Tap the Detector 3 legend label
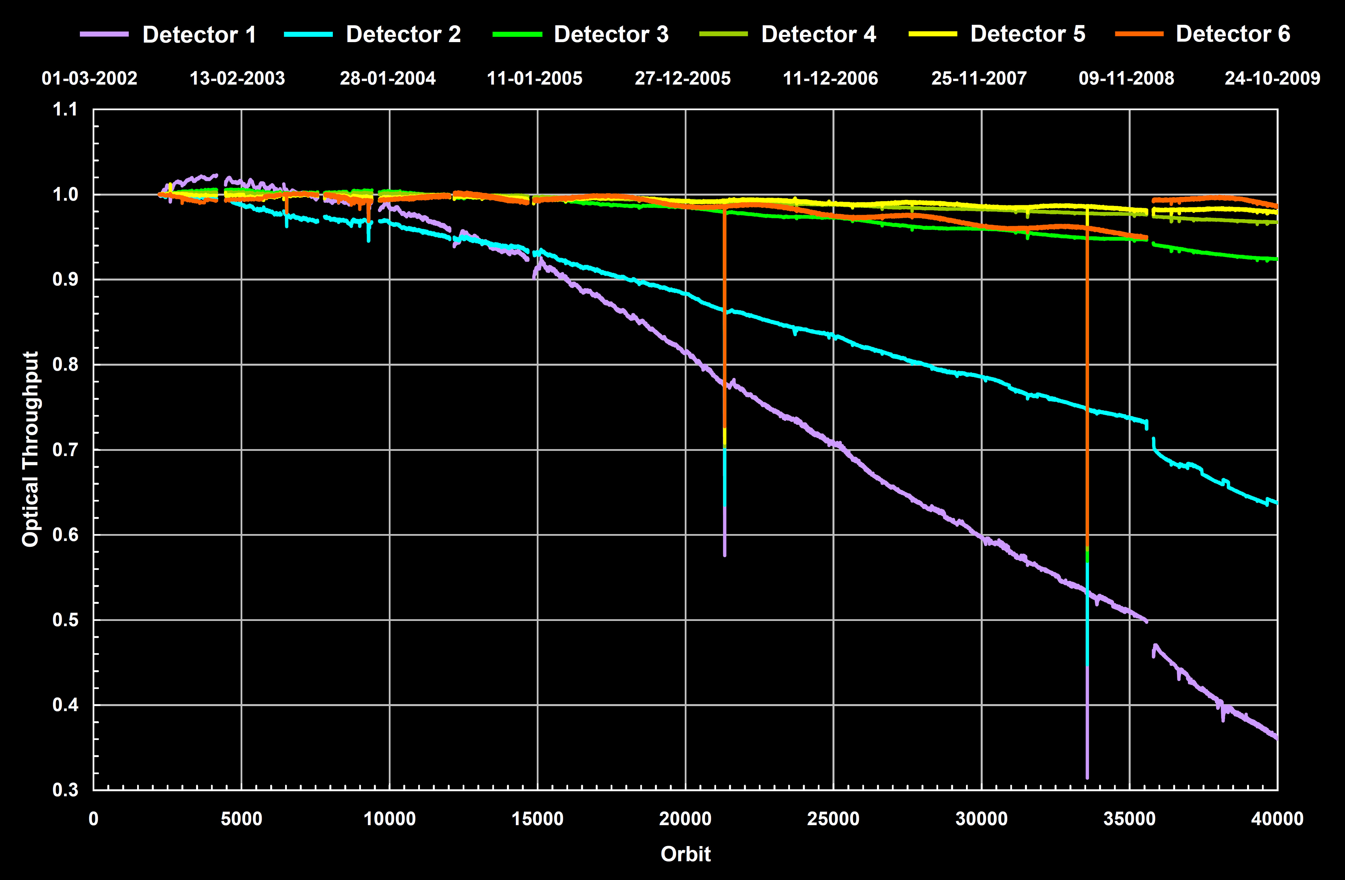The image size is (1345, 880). (x=611, y=34)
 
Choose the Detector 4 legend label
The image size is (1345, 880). (x=818, y=34)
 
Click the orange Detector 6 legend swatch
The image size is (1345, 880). (x=1139, y=34)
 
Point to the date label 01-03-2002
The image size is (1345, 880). (x=89, y=78)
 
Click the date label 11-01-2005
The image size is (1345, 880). (x=535, y=78)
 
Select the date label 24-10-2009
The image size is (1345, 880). (x=1272, y=78)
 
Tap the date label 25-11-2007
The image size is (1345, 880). (x=979, y=78)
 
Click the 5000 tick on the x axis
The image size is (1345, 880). (x=241, y=819)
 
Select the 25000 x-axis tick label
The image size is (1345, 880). (x=833, y=819)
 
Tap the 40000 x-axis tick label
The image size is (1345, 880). (x=1277, y=819)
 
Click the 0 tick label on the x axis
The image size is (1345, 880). (x=94, y=819)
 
